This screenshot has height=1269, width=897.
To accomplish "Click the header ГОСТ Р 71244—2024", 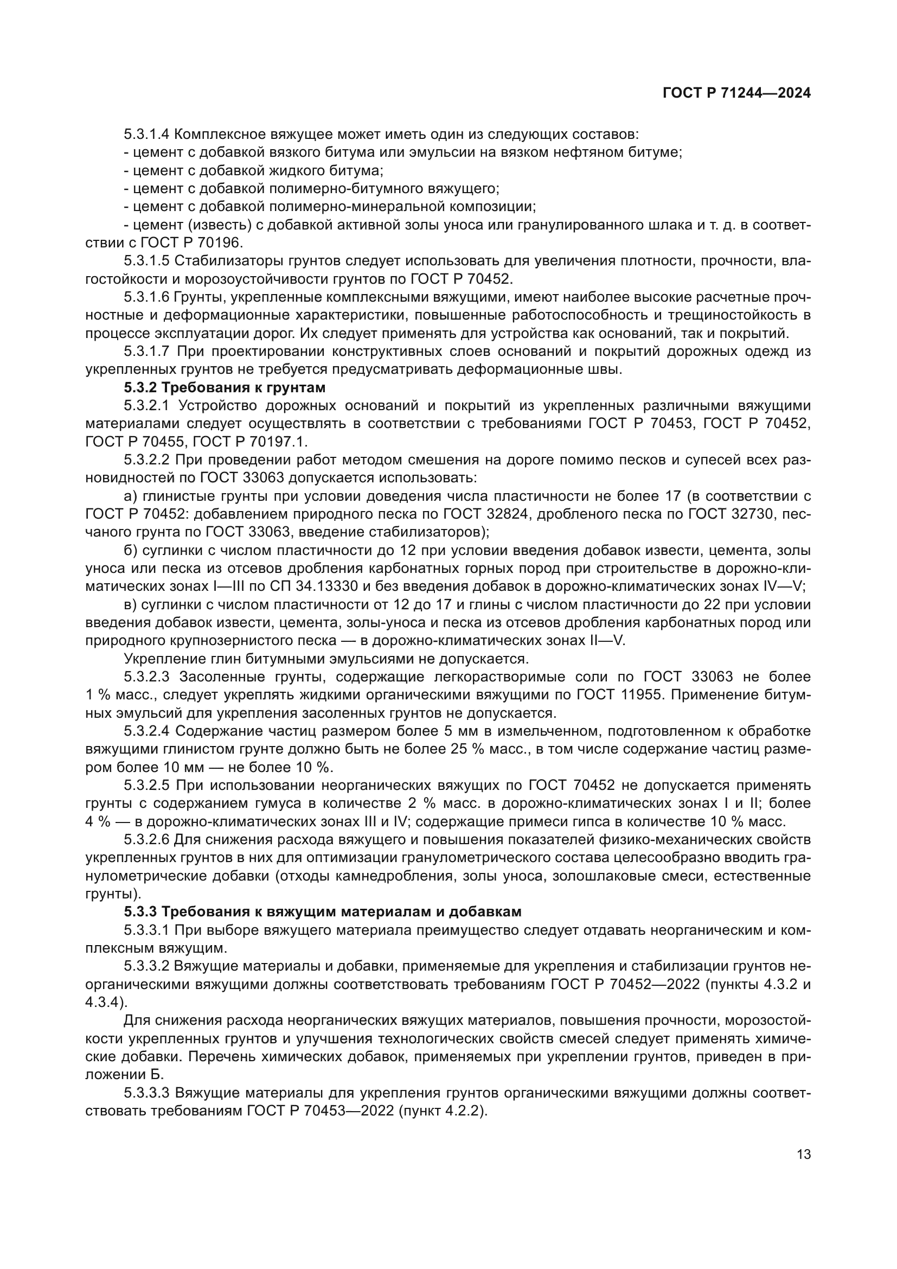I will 736,93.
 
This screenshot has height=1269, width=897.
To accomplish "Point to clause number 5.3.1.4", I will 147,134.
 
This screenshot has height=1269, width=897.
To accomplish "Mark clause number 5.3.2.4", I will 147,731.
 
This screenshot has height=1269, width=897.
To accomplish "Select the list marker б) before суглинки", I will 131,551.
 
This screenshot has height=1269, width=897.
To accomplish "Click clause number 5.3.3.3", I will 147,1093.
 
